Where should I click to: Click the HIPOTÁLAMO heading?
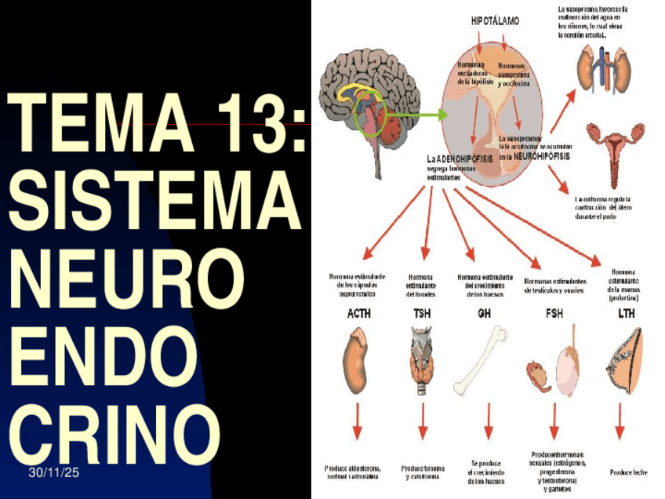coord(495,21)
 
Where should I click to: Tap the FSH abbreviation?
coord(554,314)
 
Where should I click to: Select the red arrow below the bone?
coord(488,423)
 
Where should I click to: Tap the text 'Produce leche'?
coord(628,472)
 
